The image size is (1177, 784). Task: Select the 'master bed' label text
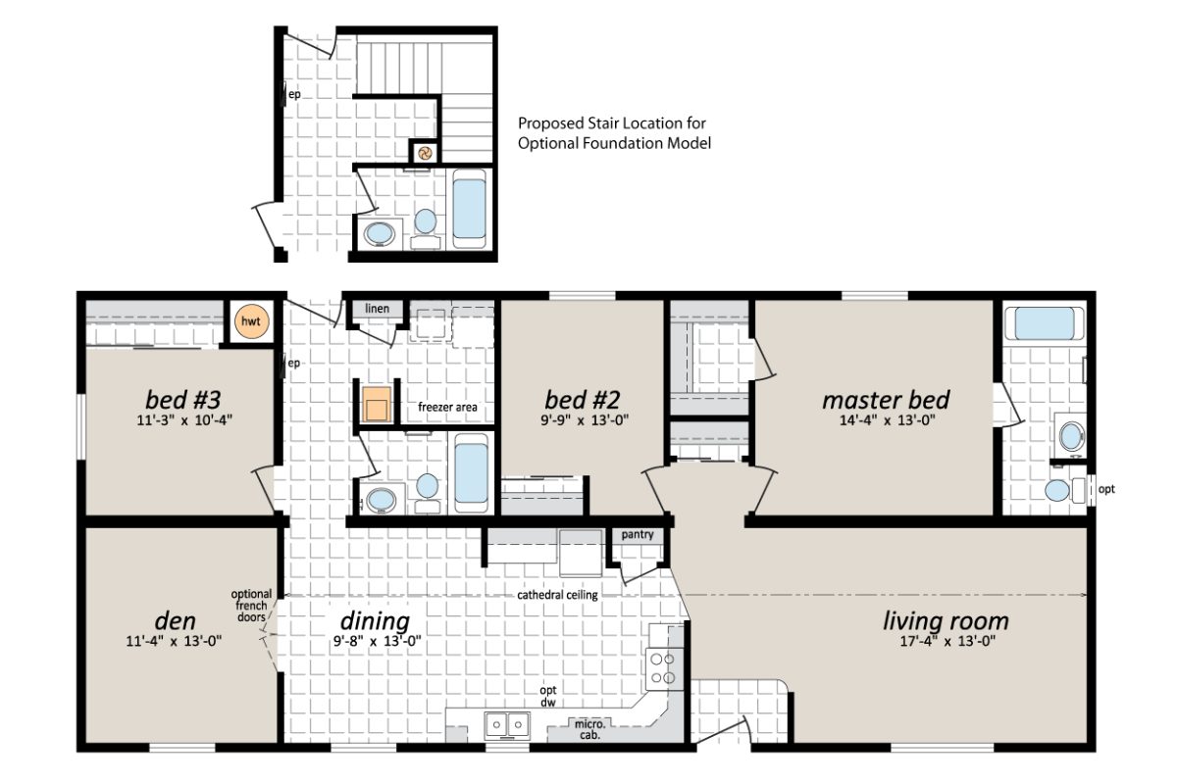point(885,400)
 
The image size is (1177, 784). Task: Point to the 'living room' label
point(945,621)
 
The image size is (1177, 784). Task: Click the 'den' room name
point(175,621)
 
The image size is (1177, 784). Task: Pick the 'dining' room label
point(375,621)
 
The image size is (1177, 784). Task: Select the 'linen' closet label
point(378,310)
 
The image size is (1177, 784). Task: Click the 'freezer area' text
point(446,407)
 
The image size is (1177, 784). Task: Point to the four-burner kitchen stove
point(665,668)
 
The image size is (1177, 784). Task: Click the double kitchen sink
point(507,724)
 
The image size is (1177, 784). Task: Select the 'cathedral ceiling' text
point(558,595)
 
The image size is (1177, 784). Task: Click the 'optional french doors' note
point(252,606)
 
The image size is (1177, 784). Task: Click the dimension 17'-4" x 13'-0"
point(945,643)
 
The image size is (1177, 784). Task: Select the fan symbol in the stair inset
point(424,152)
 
